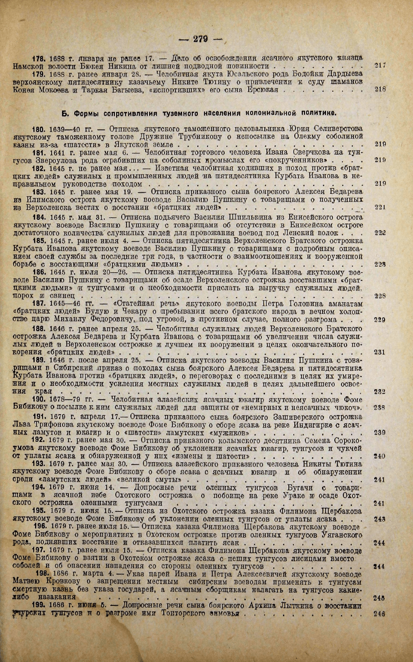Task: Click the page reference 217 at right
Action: coord(380,66)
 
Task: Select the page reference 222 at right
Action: coord(380,233)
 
